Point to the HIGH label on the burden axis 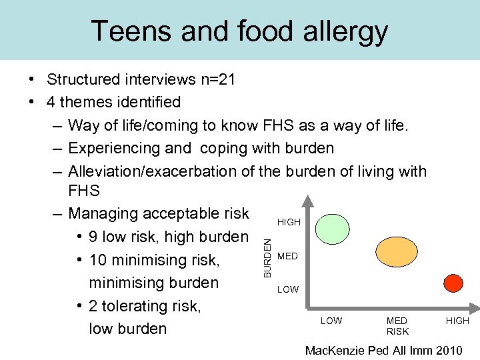(289, 222)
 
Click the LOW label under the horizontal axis (331, 321)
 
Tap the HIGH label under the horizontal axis (457, 321)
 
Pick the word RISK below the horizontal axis (397, 331)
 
